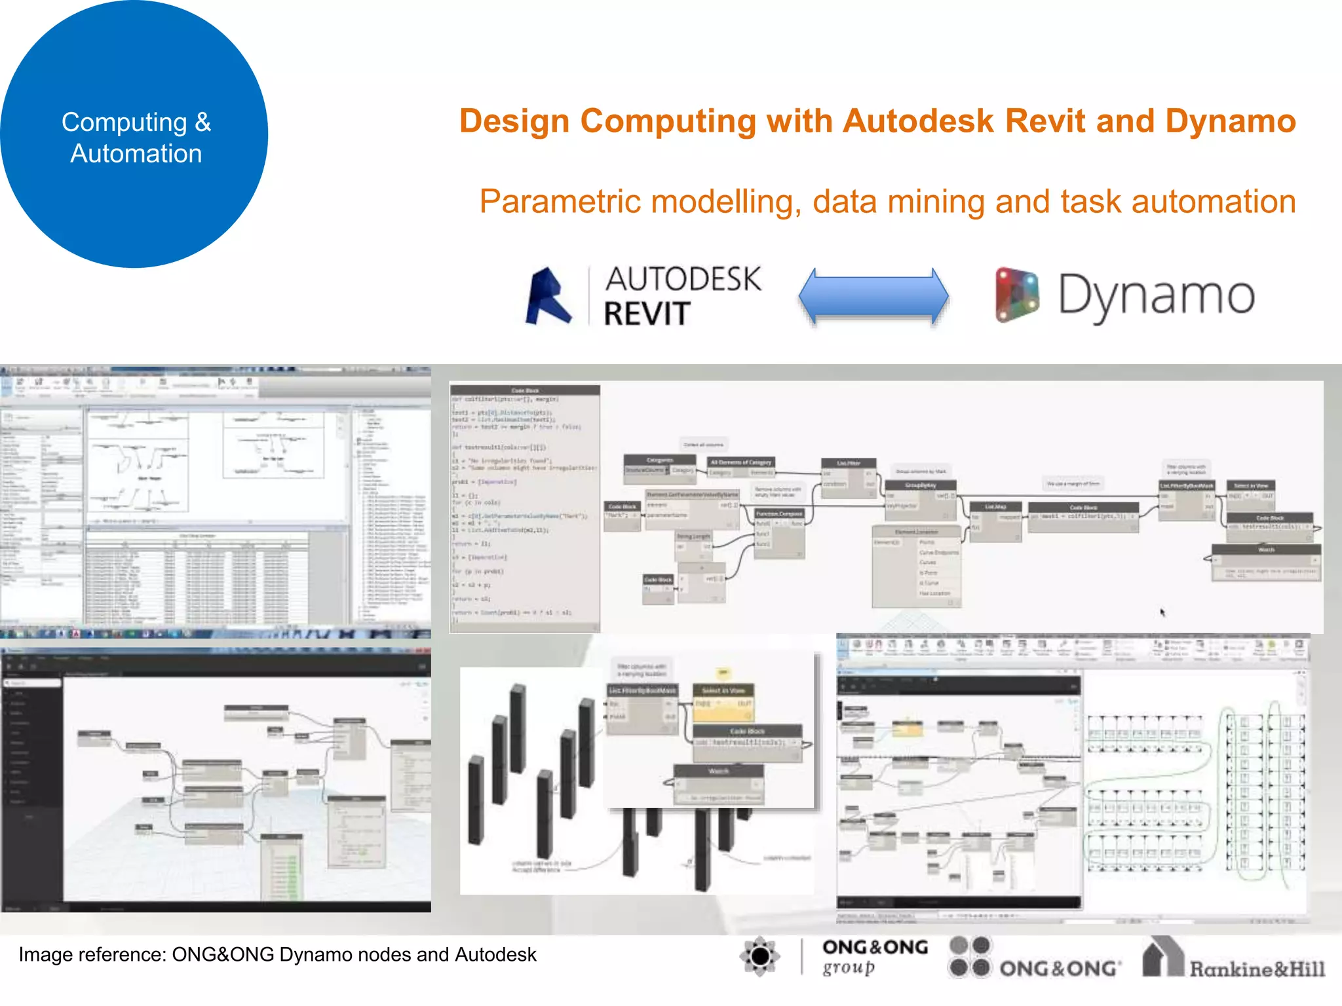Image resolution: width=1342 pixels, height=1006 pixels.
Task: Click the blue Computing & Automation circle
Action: [134, 134]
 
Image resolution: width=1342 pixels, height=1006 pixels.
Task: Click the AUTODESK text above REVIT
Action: [682, 279]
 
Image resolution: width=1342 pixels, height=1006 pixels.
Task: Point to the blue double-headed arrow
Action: [873, 296]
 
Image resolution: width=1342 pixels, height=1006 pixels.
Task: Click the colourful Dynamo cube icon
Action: [1016, 295]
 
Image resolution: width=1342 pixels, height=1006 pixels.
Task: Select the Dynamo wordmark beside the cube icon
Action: [1157, 296]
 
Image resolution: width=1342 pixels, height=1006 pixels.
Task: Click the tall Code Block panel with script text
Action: [524, 508]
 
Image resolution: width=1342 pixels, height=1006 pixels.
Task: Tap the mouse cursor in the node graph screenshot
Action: [1162, 612]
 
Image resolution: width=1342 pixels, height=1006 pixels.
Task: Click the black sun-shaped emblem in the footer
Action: [759, 957]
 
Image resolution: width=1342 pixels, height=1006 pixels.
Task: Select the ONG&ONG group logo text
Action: [874, 957]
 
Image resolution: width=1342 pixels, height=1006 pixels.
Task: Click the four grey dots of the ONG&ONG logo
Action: [970, 957]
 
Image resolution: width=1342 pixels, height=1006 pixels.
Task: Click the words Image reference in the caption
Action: [92, 955]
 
